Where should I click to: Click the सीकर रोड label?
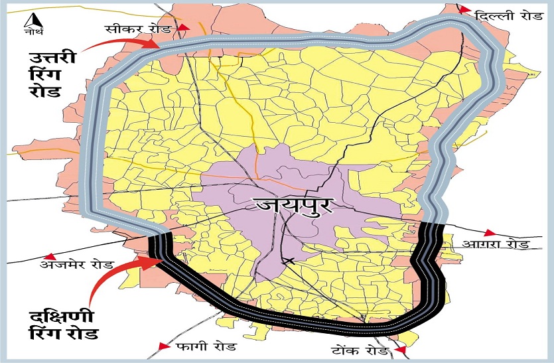142,30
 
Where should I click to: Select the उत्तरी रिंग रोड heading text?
48,74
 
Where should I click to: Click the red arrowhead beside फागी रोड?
165,346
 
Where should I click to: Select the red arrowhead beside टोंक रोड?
399,350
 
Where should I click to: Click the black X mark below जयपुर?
287,261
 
